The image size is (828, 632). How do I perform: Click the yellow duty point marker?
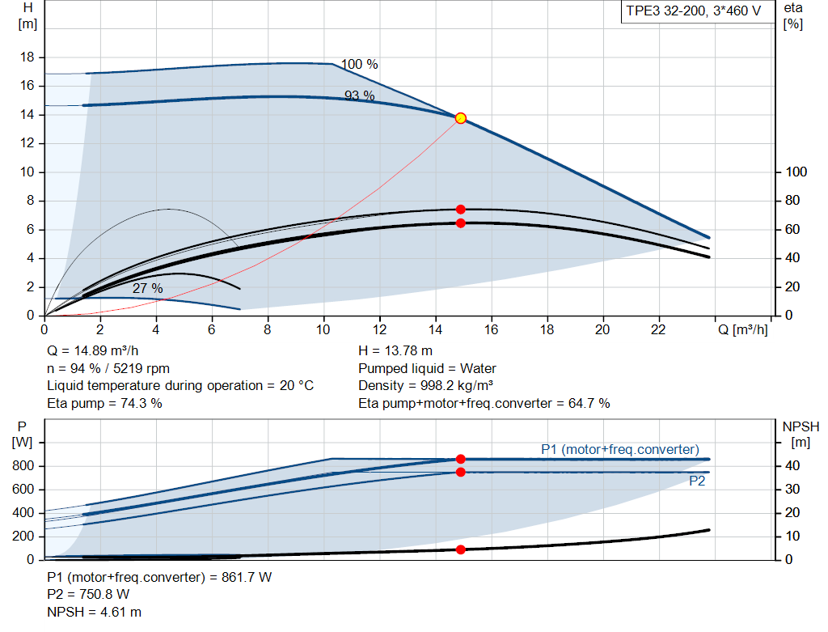click(461, 118)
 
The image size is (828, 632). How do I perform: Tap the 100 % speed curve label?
click(359, 65)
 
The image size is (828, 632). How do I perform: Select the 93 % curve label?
click(360, 95)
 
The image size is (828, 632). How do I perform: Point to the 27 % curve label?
click(148, 289)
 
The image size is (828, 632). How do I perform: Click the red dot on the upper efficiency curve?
click(461, 210)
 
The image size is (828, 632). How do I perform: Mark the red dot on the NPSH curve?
click(461, 549)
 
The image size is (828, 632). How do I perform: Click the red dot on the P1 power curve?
click(461, 459)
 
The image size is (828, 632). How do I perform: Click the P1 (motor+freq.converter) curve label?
click(620, 449)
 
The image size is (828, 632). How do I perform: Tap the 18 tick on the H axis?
click(27, 57)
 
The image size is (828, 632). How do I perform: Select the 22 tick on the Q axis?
click(658, 329)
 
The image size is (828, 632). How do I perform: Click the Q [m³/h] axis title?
click(742, 329)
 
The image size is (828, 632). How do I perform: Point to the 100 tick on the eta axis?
click(796, 172)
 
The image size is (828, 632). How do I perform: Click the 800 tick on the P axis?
click(23, 466)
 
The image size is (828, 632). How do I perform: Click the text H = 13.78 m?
click(395, 350)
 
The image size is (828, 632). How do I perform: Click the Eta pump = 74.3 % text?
click(104, 403)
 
